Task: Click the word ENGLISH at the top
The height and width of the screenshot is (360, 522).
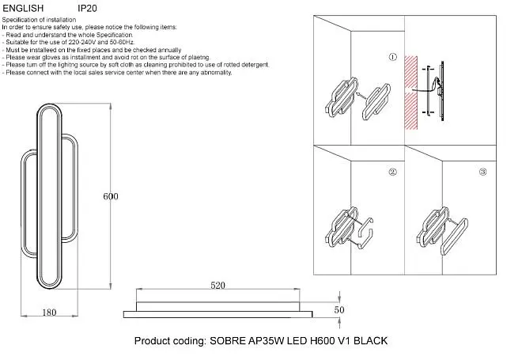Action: [23, 9]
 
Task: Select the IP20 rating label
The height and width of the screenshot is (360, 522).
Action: [87, 9]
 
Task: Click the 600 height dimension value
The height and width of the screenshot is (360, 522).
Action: [111, 196]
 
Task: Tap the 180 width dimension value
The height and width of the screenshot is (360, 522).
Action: [49, 313]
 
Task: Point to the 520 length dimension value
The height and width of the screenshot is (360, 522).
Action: [217, 286]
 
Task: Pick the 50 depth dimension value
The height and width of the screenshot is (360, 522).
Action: [339, 309]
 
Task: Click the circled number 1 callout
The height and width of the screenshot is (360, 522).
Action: [393, 57]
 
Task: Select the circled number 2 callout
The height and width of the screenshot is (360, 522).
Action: [393, 172]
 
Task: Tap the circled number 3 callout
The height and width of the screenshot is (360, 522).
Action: [482, 172]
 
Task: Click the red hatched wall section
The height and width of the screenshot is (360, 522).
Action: [410, 93]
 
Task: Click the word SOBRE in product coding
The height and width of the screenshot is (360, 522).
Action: [227, 341]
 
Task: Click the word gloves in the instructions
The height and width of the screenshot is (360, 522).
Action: [51, 57]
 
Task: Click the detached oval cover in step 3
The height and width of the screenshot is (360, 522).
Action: [455, 237]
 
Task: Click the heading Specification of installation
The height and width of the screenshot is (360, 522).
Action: [39, 20]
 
